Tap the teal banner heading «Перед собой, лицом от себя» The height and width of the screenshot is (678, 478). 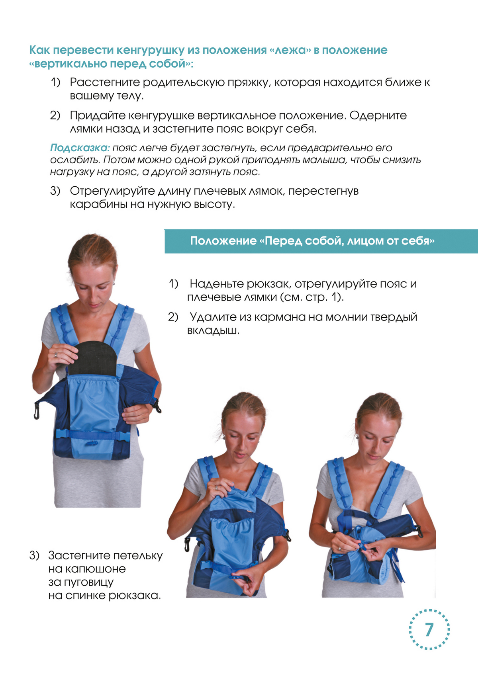[x=312, y=241]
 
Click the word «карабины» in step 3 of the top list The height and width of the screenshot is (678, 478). [x=98, y=205]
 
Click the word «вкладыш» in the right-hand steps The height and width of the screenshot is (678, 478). [x=212, y=330]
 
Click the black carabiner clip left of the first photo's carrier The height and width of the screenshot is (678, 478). [x=37, y=411]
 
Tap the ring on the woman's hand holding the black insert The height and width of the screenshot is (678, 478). [x=56, y=355]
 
